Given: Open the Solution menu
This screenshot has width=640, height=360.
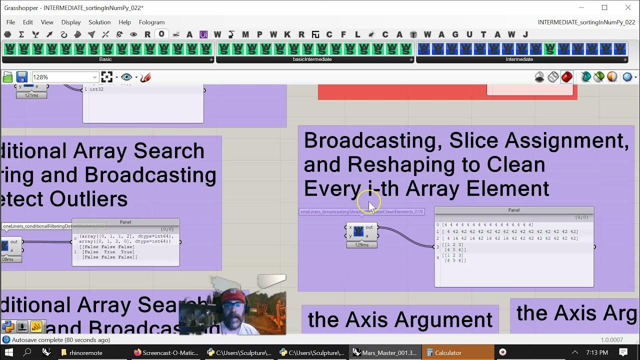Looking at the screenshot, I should (x=99, y=22).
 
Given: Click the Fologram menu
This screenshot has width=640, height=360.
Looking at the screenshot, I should (x=151, y=22).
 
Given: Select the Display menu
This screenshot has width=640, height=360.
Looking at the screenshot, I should (x=71, y=22).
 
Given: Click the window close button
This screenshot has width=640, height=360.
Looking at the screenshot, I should (x=628, y=7).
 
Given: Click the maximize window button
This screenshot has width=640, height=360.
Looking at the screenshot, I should (x=604, y=7).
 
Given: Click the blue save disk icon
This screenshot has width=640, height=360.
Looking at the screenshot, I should (x=21, y=77).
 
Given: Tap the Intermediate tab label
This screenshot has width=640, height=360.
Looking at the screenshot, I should (x=519, y=59).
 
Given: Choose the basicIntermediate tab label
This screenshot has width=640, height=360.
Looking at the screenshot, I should (x=312, y=59).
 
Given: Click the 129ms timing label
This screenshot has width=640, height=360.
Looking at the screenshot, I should (x=361, y=245).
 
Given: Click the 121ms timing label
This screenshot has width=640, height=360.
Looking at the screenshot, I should (x=31, y=95).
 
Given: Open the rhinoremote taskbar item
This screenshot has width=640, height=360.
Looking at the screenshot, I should (x=85, y=352).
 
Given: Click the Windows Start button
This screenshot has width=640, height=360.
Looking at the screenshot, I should (x=8, y=352).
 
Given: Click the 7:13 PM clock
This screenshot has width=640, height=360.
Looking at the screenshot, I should (x=596, y=352).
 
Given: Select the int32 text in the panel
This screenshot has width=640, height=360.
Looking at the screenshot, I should (x=96, y=89).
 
